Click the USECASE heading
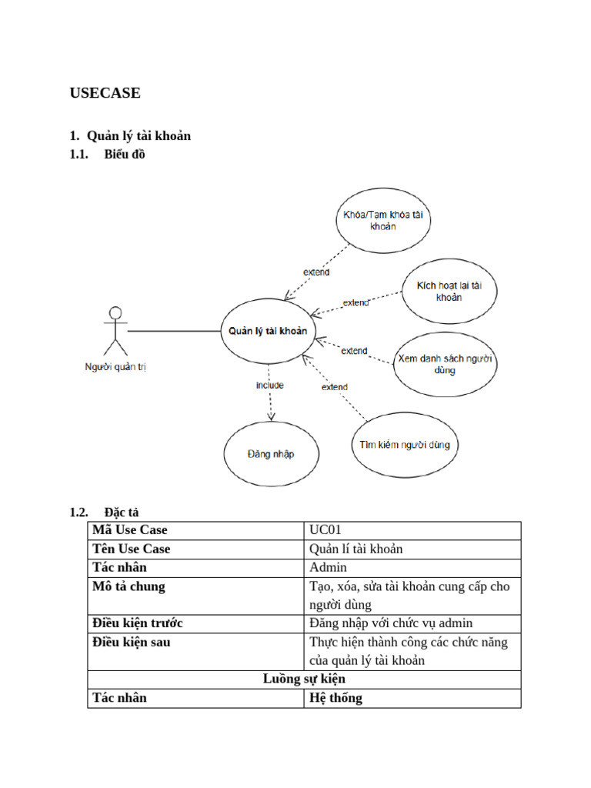pos(105,93)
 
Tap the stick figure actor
pos(115,331)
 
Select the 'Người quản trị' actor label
pos(115,367)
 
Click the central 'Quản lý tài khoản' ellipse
pos(267,331)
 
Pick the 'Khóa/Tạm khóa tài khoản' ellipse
pos(383,220)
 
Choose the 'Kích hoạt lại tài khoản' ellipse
pos(449,291)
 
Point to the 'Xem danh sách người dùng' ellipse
pos(445,364)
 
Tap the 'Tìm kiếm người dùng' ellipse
pos(405,445)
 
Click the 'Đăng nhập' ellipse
pos(270,453)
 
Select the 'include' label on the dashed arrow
pos(270,385)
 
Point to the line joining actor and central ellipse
pos(174,331)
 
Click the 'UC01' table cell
pos(326,530)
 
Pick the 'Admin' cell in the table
pos(328,567)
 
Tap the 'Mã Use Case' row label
pos(130,530)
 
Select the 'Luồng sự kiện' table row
pos(304,679)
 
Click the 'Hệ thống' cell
pos(336,698)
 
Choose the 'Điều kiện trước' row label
pos(138,623)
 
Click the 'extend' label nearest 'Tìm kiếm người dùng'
pos(334,387)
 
